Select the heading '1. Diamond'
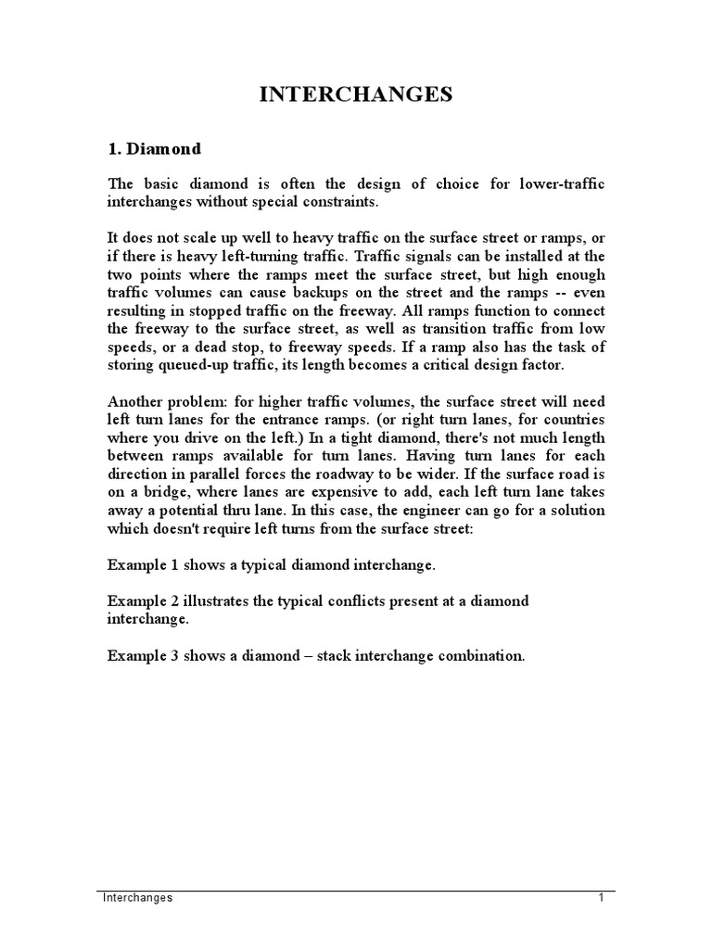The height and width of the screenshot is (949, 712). click(x=154, y=148)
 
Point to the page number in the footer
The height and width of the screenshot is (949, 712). click(x=601, y=898)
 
